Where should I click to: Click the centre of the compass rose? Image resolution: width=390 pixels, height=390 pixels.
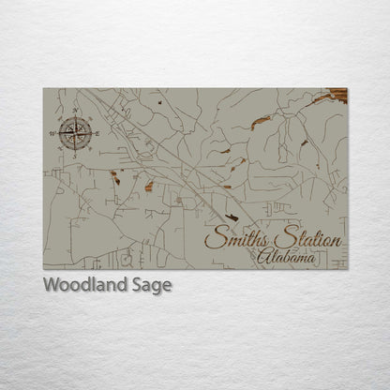73,132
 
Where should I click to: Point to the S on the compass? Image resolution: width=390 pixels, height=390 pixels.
73,156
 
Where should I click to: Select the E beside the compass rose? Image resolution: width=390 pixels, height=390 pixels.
97,132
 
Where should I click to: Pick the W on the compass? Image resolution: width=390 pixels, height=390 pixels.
52,133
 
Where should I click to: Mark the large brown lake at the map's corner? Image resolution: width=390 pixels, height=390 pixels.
335,96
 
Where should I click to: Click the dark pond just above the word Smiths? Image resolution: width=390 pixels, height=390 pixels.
231,214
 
